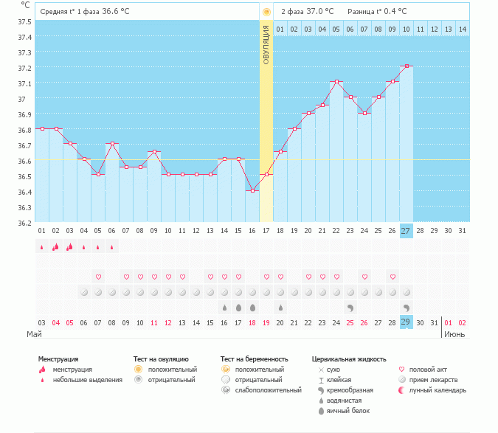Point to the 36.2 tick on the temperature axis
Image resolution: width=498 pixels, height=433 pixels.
(x=24, y=222)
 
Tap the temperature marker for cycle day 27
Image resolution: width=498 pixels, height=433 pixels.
(x=407, y=66)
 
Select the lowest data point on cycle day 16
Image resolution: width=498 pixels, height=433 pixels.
(x=252, y=190)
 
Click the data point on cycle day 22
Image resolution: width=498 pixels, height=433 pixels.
(x=336, y=81)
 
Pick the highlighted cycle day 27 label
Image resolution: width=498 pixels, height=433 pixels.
(x=407, y=231)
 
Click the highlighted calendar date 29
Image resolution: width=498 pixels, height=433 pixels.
(x=407, y=322)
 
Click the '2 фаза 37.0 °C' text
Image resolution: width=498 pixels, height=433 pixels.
(x=307, y=12)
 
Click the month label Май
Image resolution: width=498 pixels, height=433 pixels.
(x=34, y=334)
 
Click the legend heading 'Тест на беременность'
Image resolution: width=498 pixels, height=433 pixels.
(x=255, y=359)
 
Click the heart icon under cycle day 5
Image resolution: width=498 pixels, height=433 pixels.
(x=98, y=277)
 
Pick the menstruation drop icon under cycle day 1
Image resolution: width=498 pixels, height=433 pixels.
(x=41, y=247)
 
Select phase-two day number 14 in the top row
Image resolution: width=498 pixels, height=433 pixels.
(x=462, y=29)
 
